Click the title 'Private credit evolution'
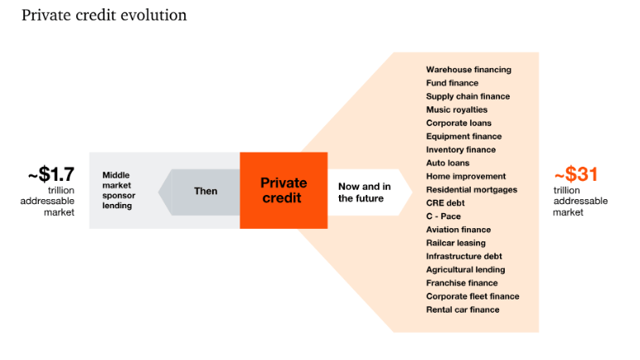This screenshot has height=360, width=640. [104, 16]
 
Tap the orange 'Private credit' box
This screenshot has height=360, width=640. [284, 190]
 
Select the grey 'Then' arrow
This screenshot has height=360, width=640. [205, 191]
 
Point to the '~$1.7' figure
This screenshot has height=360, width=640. [51, 174]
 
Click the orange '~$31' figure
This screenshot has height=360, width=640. [575, 174]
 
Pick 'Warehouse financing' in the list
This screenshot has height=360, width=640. [468, 70]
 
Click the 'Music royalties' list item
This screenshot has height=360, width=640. [457, 109]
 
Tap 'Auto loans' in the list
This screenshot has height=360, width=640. [448, 163]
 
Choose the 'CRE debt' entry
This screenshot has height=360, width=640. [445, 203]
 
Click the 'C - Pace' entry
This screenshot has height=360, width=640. [444, 216]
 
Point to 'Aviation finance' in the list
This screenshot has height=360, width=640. [458, 230]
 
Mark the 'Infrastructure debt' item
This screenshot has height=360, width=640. [464, 256]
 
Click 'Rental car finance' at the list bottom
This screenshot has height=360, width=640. [463, 309]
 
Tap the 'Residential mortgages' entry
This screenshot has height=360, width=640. [472, 190]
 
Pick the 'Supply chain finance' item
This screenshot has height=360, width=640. [468, 96]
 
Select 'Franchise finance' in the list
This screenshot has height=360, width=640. [461, 283]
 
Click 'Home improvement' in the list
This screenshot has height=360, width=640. [466, 177]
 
